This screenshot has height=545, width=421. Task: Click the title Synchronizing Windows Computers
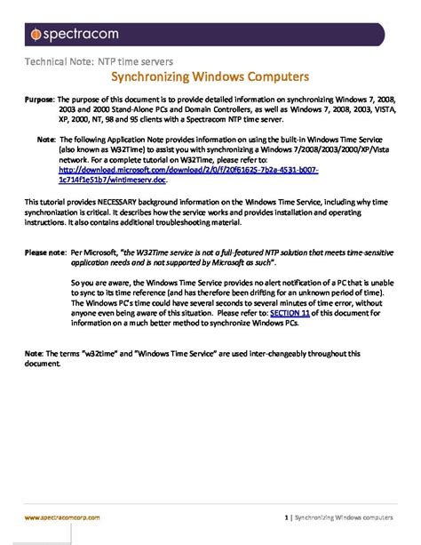tap(210, 77)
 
